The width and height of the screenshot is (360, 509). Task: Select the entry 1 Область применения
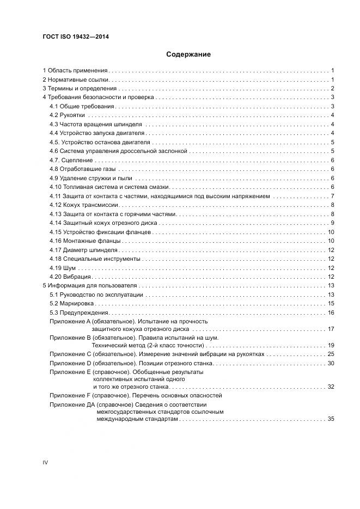(x=75, y=71)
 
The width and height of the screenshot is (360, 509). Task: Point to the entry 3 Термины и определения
(x=80, y=89)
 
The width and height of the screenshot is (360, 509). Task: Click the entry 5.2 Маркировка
(x=72, y=303)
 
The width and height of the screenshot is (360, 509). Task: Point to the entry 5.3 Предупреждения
(x=79, y=312)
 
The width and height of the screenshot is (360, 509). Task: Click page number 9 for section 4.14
(x=332, y=223)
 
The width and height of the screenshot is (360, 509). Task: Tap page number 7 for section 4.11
(x=332, y=196)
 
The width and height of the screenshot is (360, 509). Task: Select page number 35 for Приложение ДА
(x=330, y=419)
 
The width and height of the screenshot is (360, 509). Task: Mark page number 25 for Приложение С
(x=330, y=354)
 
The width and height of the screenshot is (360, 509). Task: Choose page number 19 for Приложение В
(x=330, y=345)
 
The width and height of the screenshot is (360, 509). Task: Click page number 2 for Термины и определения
(x=332, y=89)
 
